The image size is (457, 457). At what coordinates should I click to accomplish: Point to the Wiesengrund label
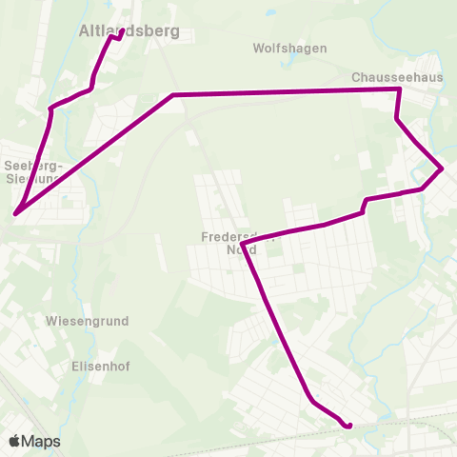click(x=87, y=322)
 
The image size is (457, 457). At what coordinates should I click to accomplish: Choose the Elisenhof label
click(x=100, y=366)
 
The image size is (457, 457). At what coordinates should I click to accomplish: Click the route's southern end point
click(x=349, y=426)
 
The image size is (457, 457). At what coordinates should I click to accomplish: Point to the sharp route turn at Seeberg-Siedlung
click(x=16, y=213)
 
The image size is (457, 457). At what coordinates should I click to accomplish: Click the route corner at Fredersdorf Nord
click(x=244, y=245)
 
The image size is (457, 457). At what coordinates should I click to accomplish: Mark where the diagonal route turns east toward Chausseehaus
click(x=173, y=95)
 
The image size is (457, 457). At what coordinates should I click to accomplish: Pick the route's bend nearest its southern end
click(x=311, y=401)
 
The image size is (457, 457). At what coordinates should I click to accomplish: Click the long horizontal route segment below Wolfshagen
click(x=286, y=91)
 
